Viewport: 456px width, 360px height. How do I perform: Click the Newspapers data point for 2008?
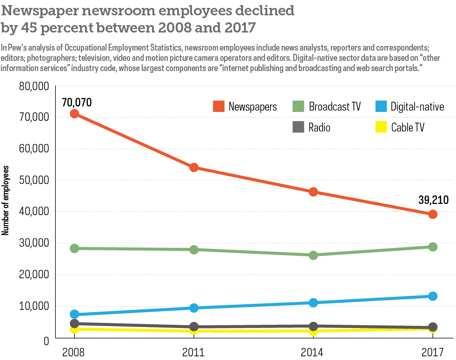[74, 114]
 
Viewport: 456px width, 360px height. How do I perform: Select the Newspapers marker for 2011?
[193, 167]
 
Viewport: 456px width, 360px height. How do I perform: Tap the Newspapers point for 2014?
[313, 192]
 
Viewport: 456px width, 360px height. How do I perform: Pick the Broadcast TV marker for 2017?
[433, 247]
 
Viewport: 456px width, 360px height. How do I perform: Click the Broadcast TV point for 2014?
[313, 255]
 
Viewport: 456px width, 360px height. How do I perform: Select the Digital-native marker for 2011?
[193, 308]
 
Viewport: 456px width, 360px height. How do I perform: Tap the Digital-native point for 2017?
[433, 296]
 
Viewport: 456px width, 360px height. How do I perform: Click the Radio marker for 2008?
[74, 323]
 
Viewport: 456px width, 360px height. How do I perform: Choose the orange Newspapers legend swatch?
[219, 106]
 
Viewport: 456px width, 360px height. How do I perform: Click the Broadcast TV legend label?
[335, 106]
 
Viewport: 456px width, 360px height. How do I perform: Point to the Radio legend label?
[319, 127]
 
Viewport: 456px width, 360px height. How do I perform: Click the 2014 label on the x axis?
[313, 351]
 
